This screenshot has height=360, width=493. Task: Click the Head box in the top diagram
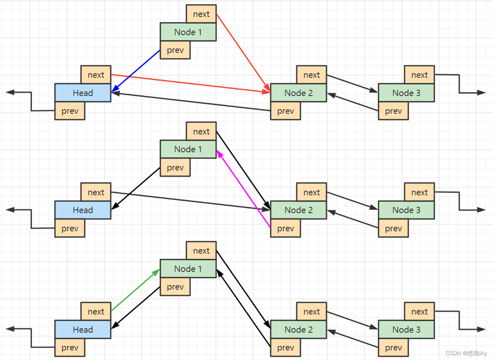[82, 93]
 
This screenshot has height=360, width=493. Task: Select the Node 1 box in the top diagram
[188, 32]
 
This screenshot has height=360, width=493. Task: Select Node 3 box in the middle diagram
[406, 210]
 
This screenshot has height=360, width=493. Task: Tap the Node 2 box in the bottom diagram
[298, 329]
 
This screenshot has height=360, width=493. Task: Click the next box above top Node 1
[201, 14]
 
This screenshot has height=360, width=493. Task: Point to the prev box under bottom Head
[70, 347]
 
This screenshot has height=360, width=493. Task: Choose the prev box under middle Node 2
[286, 228]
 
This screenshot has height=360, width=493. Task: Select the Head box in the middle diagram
[82, 210]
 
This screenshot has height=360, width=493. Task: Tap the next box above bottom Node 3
[419, 312]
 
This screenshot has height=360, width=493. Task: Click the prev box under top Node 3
[393, 111]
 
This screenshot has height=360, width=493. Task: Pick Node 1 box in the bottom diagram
[188, 269]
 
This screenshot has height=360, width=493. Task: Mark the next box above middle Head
[96, 192]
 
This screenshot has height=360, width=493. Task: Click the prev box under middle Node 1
[175, 167]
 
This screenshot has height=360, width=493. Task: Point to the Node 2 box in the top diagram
[298, 93]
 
